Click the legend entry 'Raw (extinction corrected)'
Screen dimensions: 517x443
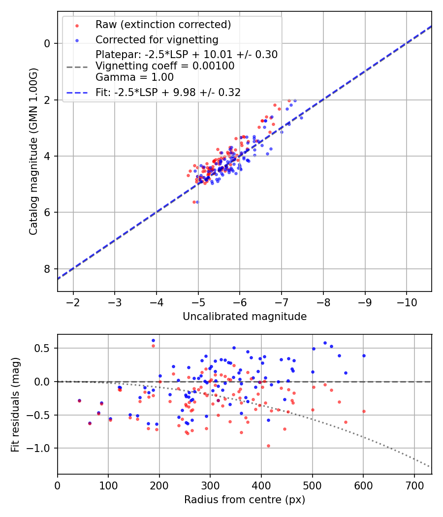163,25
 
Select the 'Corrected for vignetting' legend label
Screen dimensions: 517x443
157,39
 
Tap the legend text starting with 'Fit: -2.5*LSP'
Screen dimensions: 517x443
168,92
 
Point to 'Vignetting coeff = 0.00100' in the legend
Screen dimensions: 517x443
165,66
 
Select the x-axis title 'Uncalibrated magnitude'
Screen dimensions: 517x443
245,317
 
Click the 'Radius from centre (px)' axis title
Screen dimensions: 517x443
245,500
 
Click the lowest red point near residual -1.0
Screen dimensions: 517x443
268,446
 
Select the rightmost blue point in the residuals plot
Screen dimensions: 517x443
364,355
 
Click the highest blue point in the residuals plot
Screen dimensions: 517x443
153,340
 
